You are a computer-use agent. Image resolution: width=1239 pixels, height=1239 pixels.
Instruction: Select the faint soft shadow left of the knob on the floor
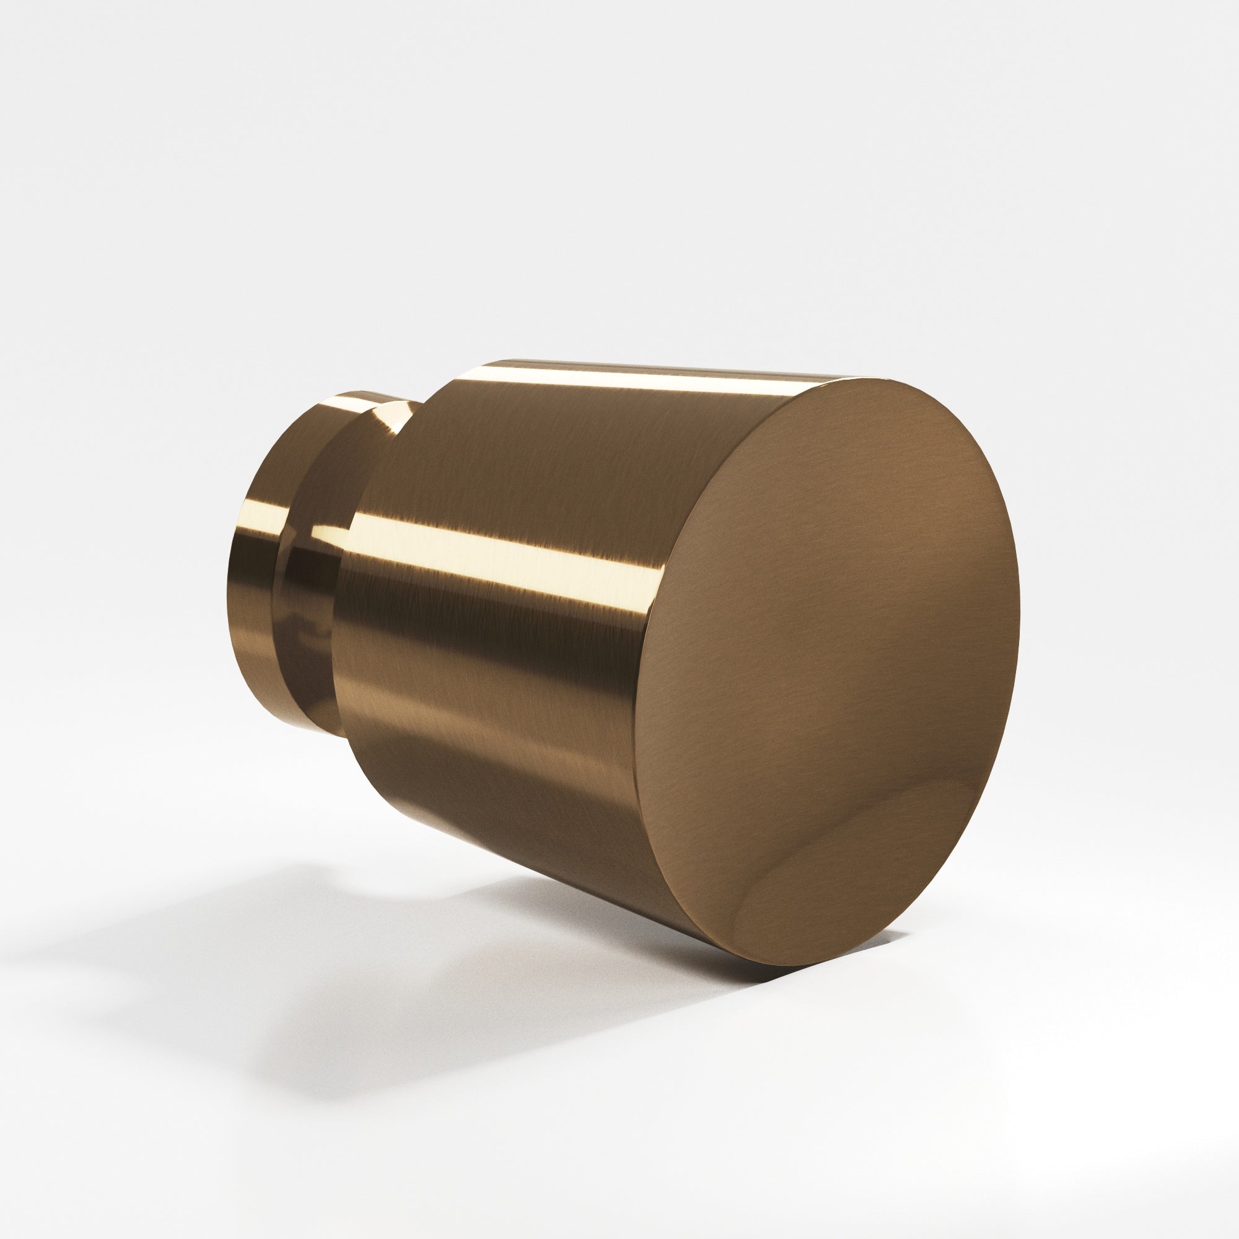click(193, 898)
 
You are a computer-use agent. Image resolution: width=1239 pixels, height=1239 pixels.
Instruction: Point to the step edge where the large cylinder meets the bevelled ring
click(346, 577)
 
